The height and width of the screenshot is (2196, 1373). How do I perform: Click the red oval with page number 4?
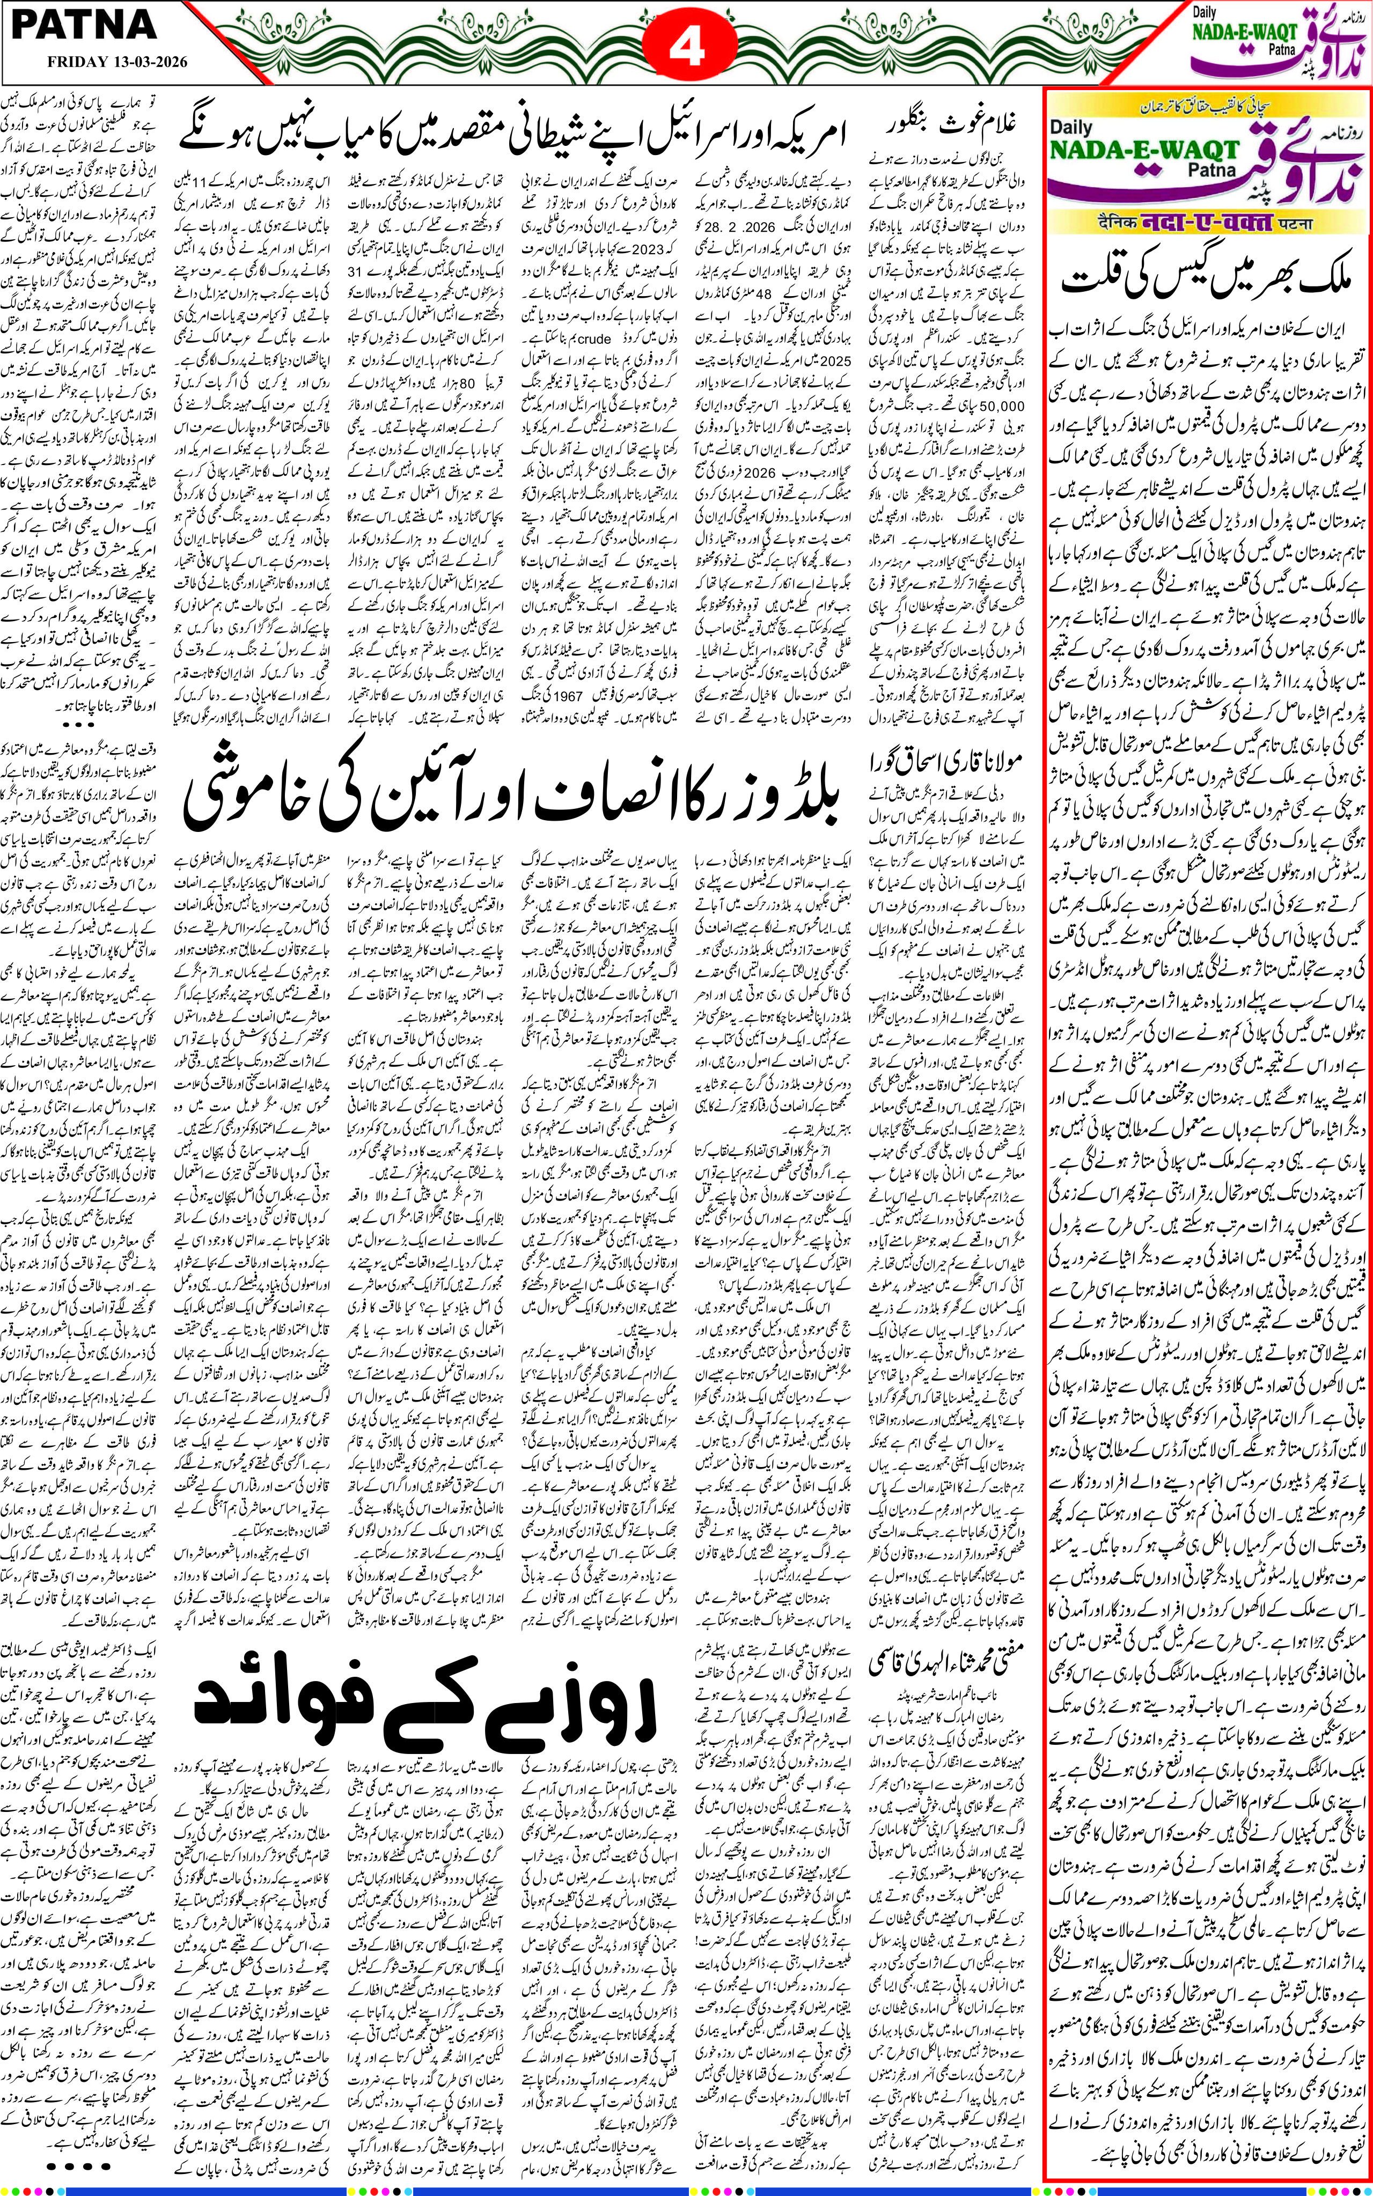click(x=687, y=46)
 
